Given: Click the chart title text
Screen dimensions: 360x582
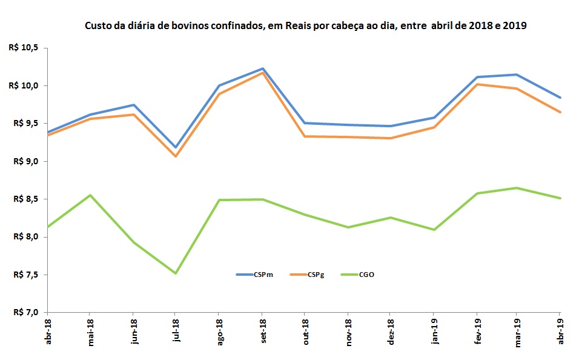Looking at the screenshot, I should pos(306,26).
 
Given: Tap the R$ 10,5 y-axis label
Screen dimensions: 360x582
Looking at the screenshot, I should pos(25,48).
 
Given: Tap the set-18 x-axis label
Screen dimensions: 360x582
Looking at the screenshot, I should pos(262,330).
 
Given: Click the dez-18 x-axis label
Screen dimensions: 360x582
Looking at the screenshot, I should pos(391,330).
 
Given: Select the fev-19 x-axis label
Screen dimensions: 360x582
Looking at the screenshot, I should pos(477,330).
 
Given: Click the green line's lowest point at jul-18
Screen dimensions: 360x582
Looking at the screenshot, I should pos(176,273).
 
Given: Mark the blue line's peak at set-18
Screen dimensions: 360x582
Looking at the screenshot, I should pos(262,68).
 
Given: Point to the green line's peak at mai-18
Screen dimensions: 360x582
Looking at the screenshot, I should pos(90,195).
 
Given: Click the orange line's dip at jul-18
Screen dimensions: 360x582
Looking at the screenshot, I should pos(176,156).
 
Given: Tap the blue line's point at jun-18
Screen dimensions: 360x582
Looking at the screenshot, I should pos(133,105).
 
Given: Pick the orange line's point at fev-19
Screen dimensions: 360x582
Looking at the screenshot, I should pos(477,84).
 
